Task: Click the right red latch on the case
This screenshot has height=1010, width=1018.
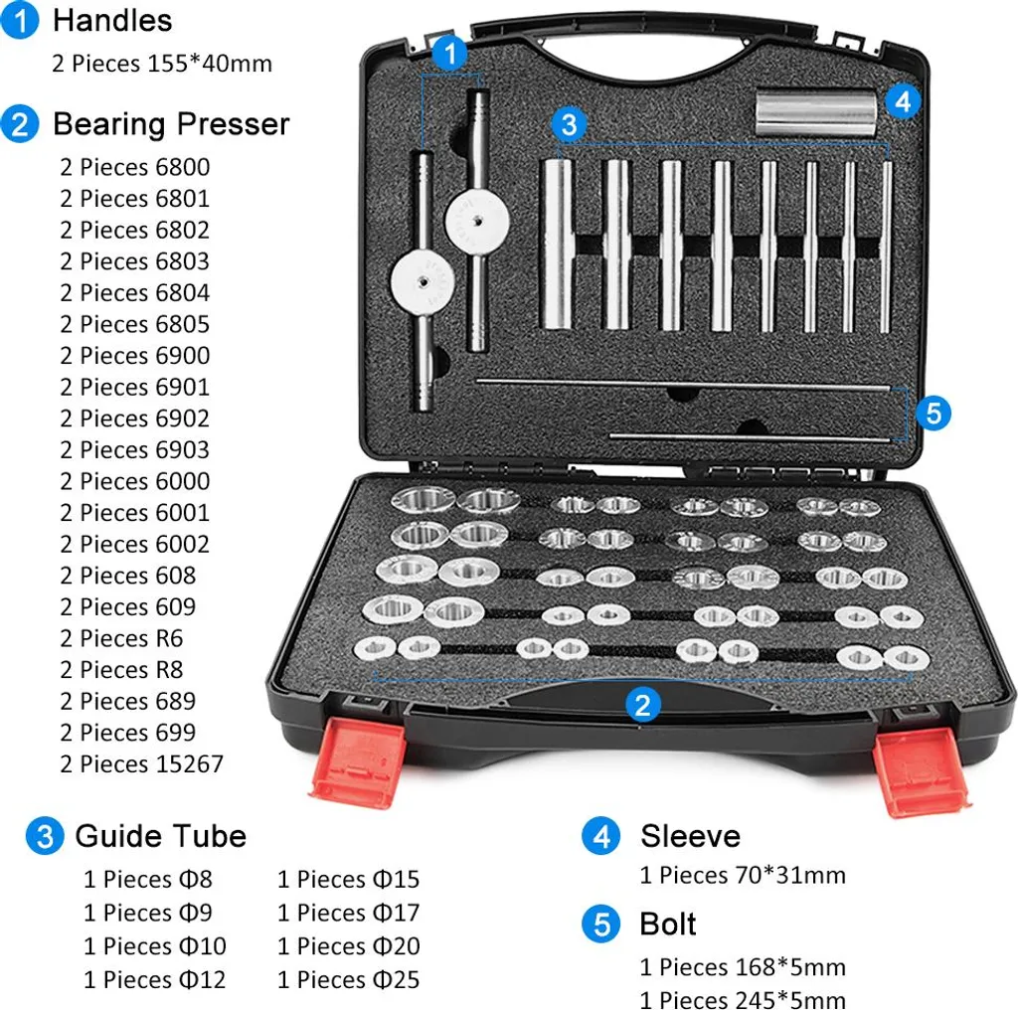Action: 920,771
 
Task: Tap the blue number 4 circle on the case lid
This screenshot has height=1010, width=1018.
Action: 903,101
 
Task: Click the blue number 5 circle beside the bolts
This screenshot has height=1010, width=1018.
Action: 933,413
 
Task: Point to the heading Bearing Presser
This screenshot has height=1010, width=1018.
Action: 171,124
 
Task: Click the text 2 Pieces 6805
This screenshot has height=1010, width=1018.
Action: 135,324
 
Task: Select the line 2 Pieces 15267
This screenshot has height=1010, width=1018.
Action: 141,764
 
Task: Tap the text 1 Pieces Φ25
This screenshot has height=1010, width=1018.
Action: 349,979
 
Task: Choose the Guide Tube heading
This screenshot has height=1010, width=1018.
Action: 161,836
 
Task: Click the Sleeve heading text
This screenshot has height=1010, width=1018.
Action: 690,836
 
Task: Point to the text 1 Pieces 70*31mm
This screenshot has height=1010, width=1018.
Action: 743,875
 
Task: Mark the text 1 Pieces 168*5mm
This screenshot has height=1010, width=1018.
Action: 743,967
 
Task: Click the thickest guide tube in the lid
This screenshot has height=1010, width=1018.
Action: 558,244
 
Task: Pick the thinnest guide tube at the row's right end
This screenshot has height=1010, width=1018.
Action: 886,247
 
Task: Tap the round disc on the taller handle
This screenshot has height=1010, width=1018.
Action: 477,222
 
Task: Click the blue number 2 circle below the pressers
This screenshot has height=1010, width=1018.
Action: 643,705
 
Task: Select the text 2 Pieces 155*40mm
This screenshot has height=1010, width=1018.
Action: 162,64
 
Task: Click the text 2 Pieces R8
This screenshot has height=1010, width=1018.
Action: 121,669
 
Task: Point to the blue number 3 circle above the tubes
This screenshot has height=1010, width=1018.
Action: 569,124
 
